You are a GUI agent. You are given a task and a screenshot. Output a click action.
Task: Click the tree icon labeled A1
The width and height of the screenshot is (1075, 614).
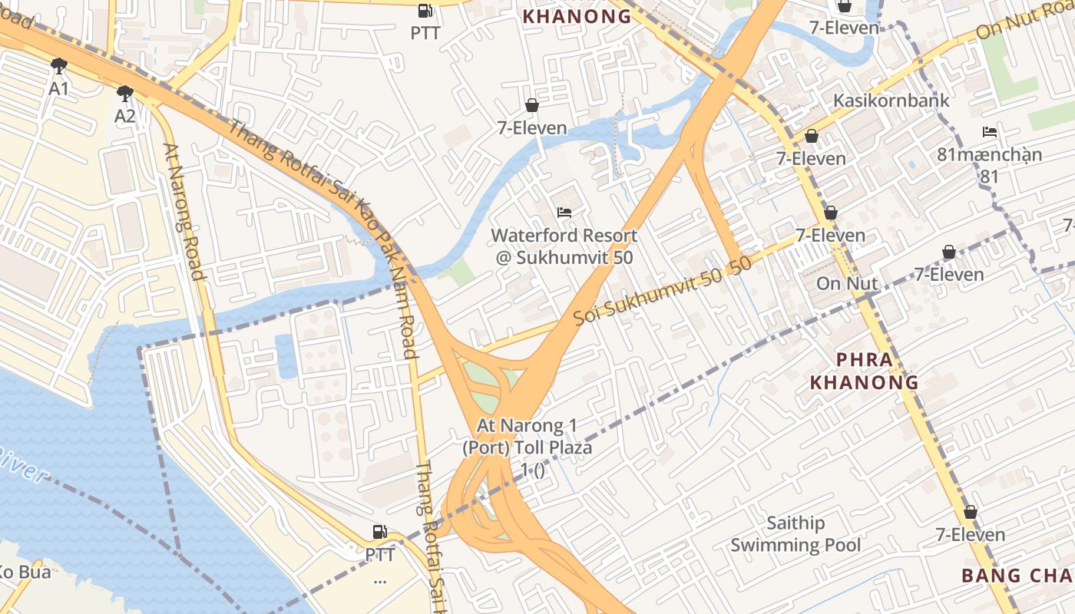58,66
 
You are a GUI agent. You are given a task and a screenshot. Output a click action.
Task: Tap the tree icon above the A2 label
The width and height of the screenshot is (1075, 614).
125,94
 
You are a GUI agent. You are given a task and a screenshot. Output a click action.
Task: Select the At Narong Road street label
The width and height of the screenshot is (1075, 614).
184,213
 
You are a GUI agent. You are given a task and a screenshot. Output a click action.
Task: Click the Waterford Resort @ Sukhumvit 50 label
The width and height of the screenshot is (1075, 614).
564,246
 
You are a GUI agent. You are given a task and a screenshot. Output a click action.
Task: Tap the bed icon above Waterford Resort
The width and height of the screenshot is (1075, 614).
564,212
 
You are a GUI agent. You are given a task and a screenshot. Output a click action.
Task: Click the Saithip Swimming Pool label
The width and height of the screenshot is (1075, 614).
795,534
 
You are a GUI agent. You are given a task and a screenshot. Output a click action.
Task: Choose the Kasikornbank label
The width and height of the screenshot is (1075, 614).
891,101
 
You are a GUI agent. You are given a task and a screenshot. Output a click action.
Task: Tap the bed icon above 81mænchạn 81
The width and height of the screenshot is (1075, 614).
990,132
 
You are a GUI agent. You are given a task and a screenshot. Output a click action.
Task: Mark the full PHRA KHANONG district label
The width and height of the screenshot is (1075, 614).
865,371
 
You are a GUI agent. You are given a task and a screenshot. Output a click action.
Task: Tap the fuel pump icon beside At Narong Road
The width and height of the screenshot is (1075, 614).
379,531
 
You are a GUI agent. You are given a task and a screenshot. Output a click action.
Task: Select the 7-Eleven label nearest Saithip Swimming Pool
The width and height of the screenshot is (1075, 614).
970,534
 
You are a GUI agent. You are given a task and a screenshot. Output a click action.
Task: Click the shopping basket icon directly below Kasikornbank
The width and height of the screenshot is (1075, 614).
811,136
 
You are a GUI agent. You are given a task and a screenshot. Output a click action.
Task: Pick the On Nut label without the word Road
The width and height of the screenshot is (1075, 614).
847,283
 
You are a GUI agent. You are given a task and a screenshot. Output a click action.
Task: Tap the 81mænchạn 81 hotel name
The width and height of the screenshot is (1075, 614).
990,164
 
